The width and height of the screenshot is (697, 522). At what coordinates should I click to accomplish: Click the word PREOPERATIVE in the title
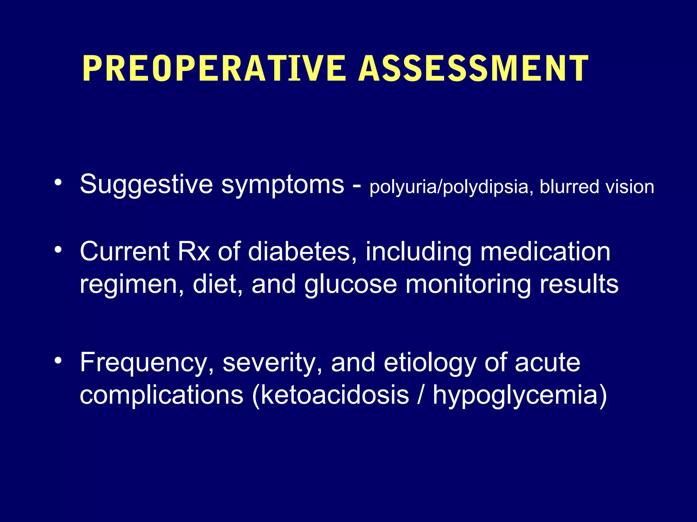point(214,69)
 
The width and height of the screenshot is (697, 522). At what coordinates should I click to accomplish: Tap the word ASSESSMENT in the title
point(473,69)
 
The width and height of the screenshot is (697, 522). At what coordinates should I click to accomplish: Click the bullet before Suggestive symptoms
point(58,182)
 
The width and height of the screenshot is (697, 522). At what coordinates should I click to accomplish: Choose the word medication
point(545,251)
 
